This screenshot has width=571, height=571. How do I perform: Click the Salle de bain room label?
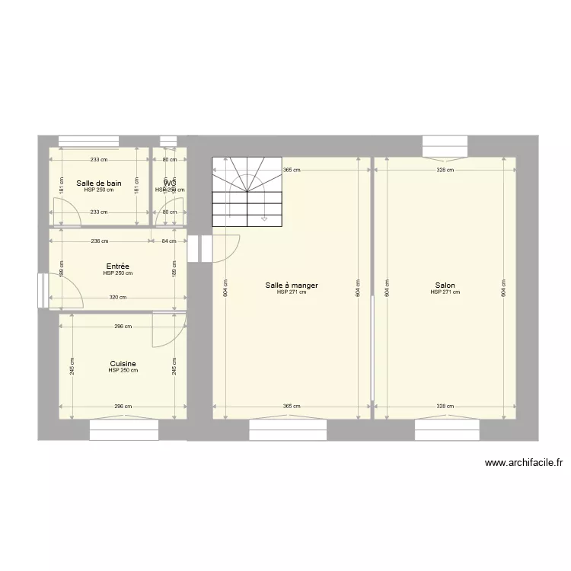tap(99, 183)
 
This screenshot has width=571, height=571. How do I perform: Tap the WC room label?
tap(169, 183)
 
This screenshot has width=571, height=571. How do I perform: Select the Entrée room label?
tap(118, 266)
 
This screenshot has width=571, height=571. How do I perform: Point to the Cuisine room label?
tap(123, 364)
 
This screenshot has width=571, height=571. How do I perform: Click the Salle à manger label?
tap(292, 285)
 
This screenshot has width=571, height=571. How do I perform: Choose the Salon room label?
tap(445, 285)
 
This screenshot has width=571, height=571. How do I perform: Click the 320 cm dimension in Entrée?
tap(118, 298)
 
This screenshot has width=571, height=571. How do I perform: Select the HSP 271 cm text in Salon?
tap(445, 292)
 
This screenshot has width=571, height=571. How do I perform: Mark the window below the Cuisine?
tap(124, 431)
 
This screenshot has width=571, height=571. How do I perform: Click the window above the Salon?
tap(445, 145)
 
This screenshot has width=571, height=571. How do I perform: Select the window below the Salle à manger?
tap(288, 431)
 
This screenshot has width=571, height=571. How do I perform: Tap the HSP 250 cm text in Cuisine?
tap(123, 371)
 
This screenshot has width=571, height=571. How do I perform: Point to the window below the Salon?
tap(447, 431)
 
